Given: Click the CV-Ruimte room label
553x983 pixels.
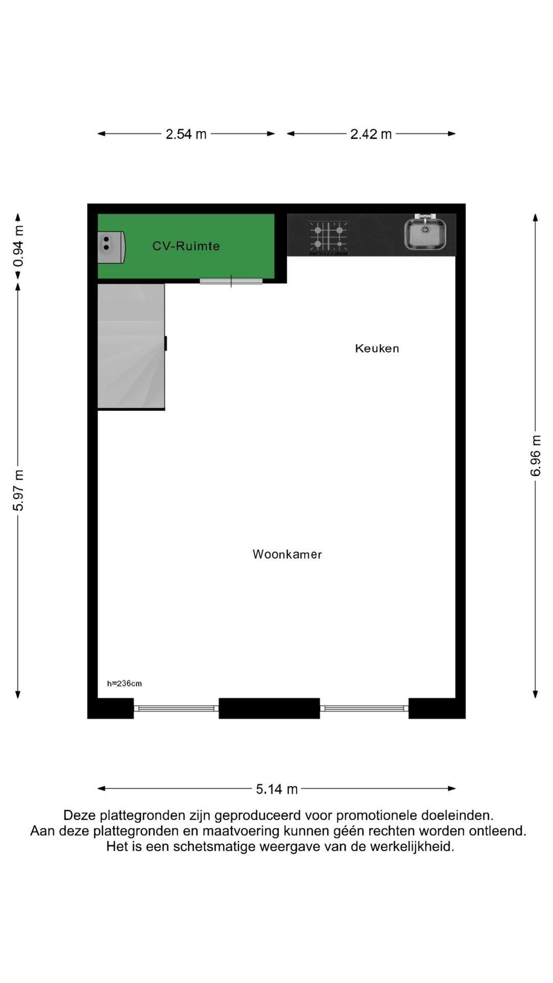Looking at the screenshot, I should pyautogui.click(x=186, y=246).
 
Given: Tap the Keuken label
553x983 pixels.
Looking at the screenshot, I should pyautogui.click(x=377, y=349).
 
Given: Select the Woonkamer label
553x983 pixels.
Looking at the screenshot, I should pyautogui.click(x=287, y=554).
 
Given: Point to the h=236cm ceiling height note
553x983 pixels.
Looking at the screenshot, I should pyautogui.click(x=124, y=683).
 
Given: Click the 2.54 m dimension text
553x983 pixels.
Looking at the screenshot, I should pyautogui.click(x=186, y=134).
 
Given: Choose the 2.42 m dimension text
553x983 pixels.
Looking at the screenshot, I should pyautogui.click(x=371, y=134).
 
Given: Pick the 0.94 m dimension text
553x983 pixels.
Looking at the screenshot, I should pyautogui.click(x=18, y=246).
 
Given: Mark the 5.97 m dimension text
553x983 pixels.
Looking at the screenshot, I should pyautogui.click(x=18, y=490).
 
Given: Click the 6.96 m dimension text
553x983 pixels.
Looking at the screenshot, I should pyautogui.click(x=536, y=456).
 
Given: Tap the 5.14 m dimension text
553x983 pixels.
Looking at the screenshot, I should pyautogui.click(x=276, y=789).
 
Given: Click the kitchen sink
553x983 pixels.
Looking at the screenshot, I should pyautogui.click(x=425, y=234).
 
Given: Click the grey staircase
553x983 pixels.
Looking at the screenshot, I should pyautogui.click(x=131, y=347).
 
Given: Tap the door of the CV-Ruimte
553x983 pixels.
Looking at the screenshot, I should pyautogui.click(x=231, y=281).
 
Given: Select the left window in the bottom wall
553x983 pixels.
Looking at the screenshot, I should pyautogui.click(x=176, y=709).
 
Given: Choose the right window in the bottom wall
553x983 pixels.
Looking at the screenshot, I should pyautogui.click(x=364, y=709).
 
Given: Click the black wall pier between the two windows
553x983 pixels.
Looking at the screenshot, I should pyautogui.click(x=269, y=709).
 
